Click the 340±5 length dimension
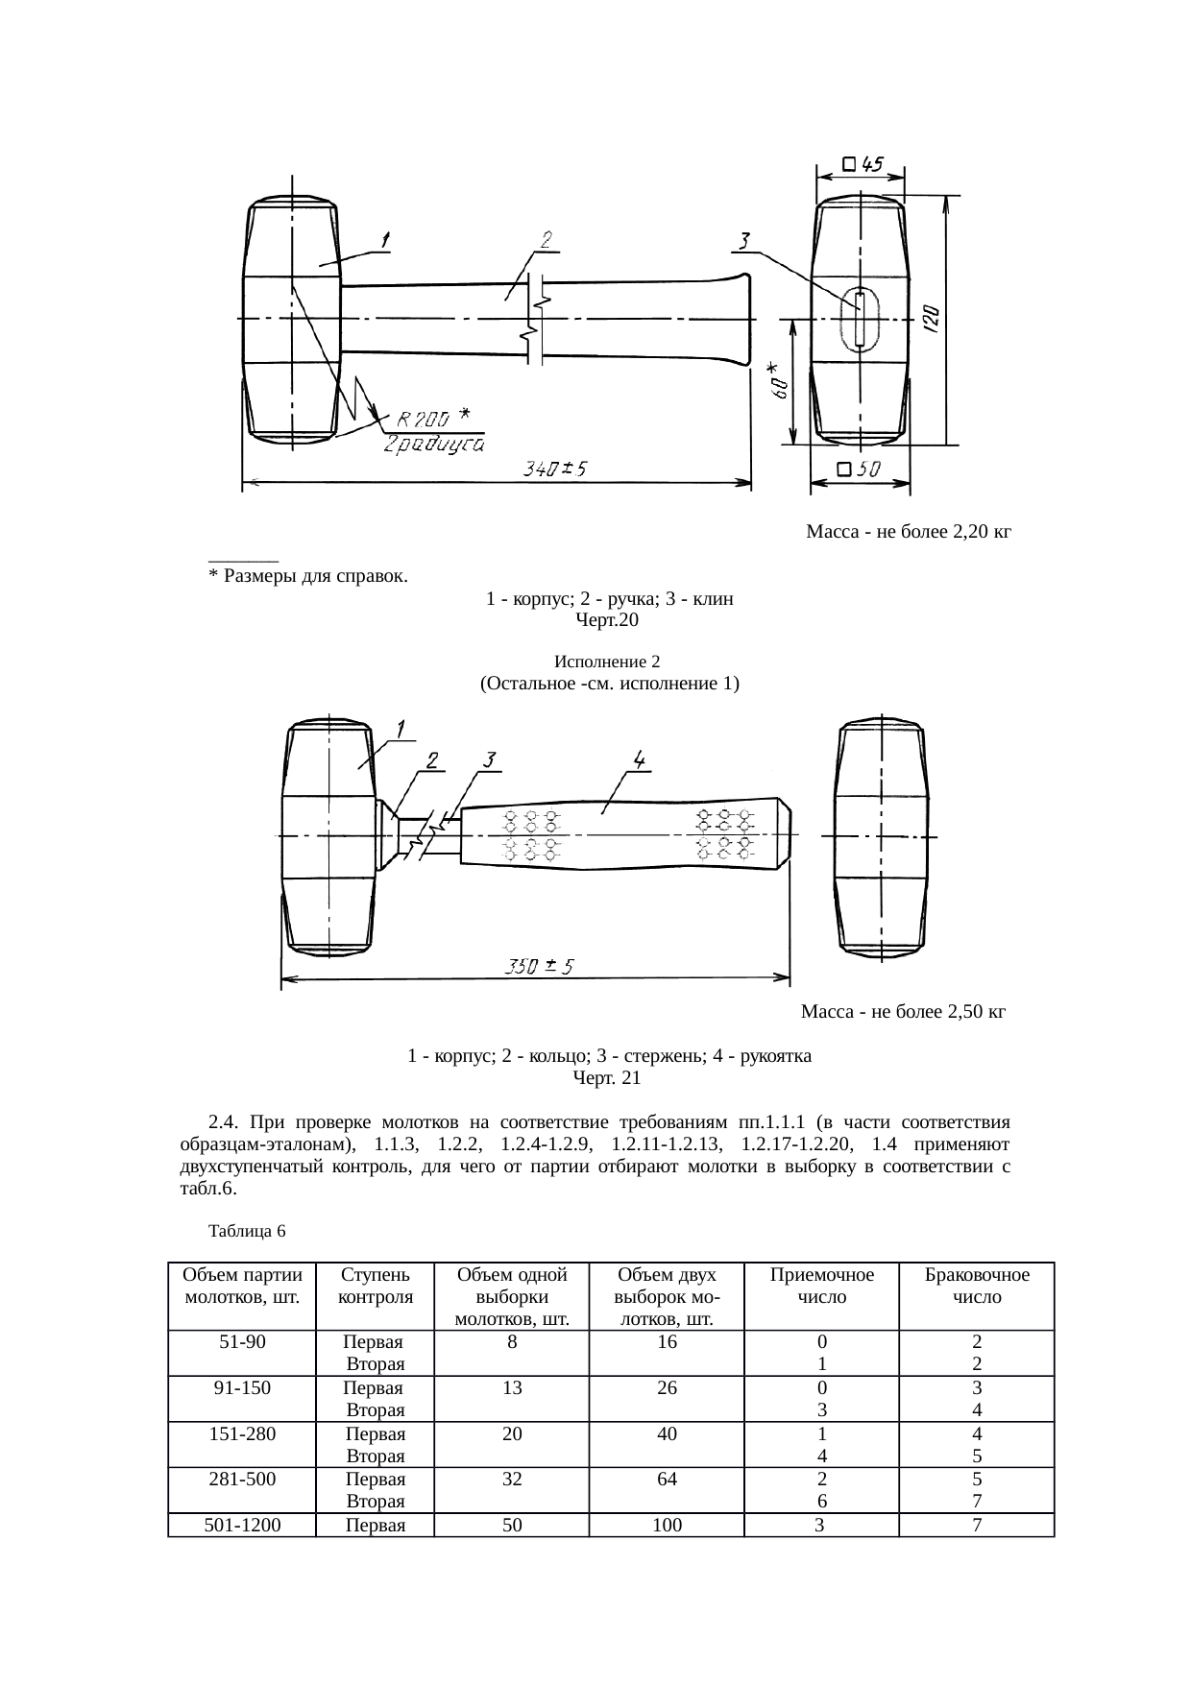point(554,469)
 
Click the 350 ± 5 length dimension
point(540,967)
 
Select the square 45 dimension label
point(863,164)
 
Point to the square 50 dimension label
point(859,469)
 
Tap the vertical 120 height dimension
point(931,320)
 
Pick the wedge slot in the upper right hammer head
point(860,319)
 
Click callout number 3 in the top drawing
point(745,240)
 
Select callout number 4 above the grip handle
point(639,758)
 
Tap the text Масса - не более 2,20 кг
point(908,531)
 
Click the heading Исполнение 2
point(607,662)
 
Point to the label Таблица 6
point(247,1230)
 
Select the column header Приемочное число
point(821,1286)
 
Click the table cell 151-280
point(242,1434)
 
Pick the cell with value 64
point(667,1480)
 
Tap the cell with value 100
point(667,1524)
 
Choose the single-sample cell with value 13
point(512,1387)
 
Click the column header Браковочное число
point(976,1286)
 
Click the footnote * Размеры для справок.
point(308,577)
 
